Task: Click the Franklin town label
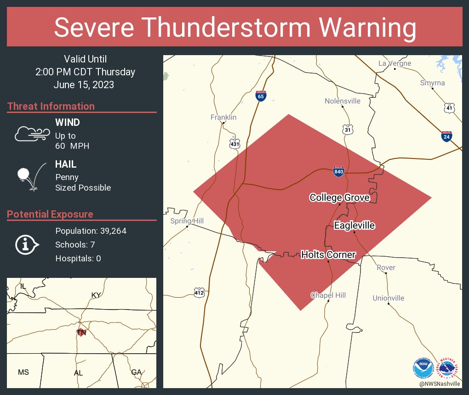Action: coord(223,117)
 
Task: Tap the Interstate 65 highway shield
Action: coord(261,96)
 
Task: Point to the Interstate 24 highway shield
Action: coord(446,136)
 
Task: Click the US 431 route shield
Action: coord(235,143)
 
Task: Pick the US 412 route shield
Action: coord(199,292)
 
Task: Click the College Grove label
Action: coord(339,197)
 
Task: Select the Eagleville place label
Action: coord(354,226)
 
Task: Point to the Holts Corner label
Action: coord(328,254)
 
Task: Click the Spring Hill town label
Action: coord(187,221)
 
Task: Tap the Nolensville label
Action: coord(343,101)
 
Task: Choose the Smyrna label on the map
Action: coord(432,83)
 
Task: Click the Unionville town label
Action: coord(389,298)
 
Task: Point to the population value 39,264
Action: coord(109,231)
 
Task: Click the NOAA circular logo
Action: coord(423,367)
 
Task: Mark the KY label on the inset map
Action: coord(96,295)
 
